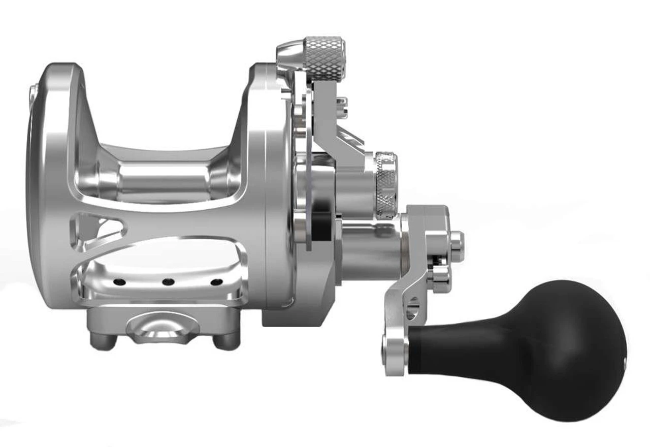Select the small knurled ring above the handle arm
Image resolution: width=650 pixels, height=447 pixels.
(385, 181)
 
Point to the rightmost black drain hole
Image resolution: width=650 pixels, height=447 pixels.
(216, 282)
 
